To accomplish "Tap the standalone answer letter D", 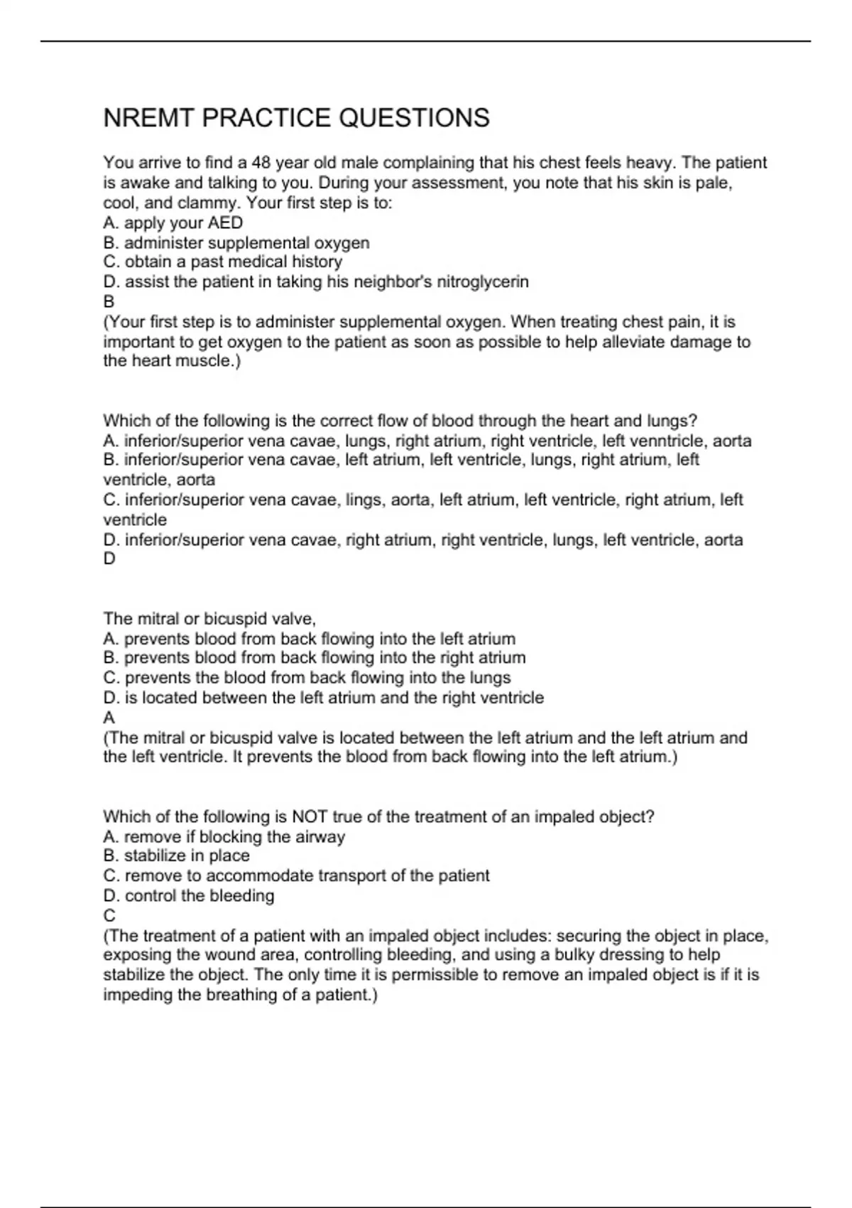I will [x=109, y=559].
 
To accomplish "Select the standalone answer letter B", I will [x=109, y=302].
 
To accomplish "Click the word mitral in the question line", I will [x=154, y=618].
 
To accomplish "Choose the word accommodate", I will [x=263, y=876].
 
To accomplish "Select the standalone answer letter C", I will [x=109, y=916].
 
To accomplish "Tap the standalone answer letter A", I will [x=109, y=718].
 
